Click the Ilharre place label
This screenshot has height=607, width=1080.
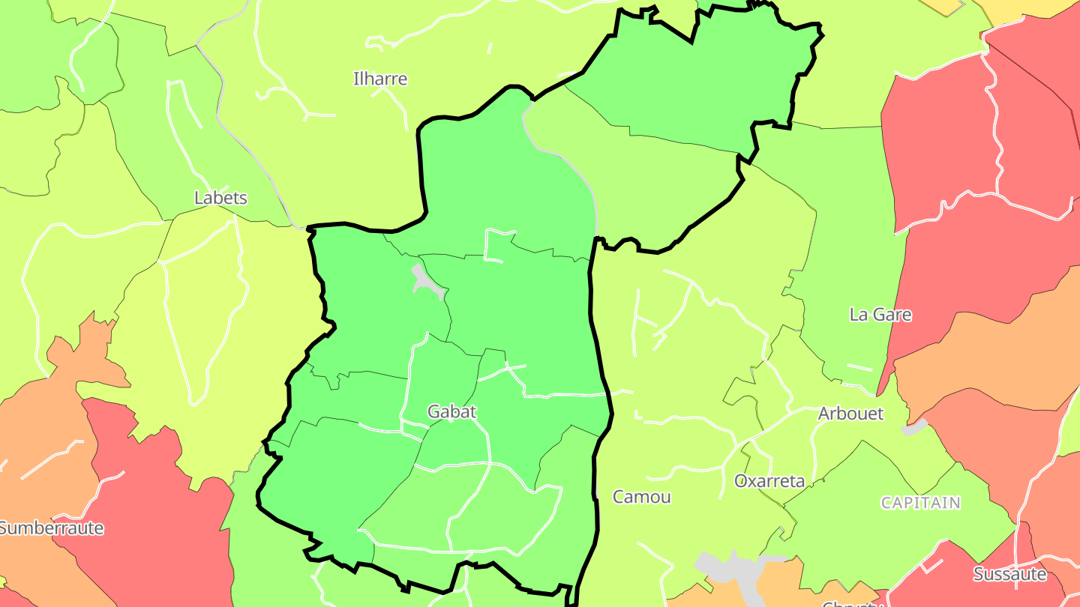point(380,79)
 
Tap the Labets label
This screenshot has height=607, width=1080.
point(220,199)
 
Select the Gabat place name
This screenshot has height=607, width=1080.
point(451,411)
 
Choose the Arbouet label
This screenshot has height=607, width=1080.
point(850,414)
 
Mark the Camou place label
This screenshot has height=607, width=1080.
point(641,497)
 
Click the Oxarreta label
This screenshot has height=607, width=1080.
point(769,481)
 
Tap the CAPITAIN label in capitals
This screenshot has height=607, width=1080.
point(920,503)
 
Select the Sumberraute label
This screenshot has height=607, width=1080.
point(51,528)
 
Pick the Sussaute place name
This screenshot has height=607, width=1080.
point(1009,575)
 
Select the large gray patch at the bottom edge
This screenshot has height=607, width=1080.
point(731,573)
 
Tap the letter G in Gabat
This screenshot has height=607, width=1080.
point(433,411)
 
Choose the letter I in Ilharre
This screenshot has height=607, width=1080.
point(355,79)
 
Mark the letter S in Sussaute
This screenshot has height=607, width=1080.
point(978,575)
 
